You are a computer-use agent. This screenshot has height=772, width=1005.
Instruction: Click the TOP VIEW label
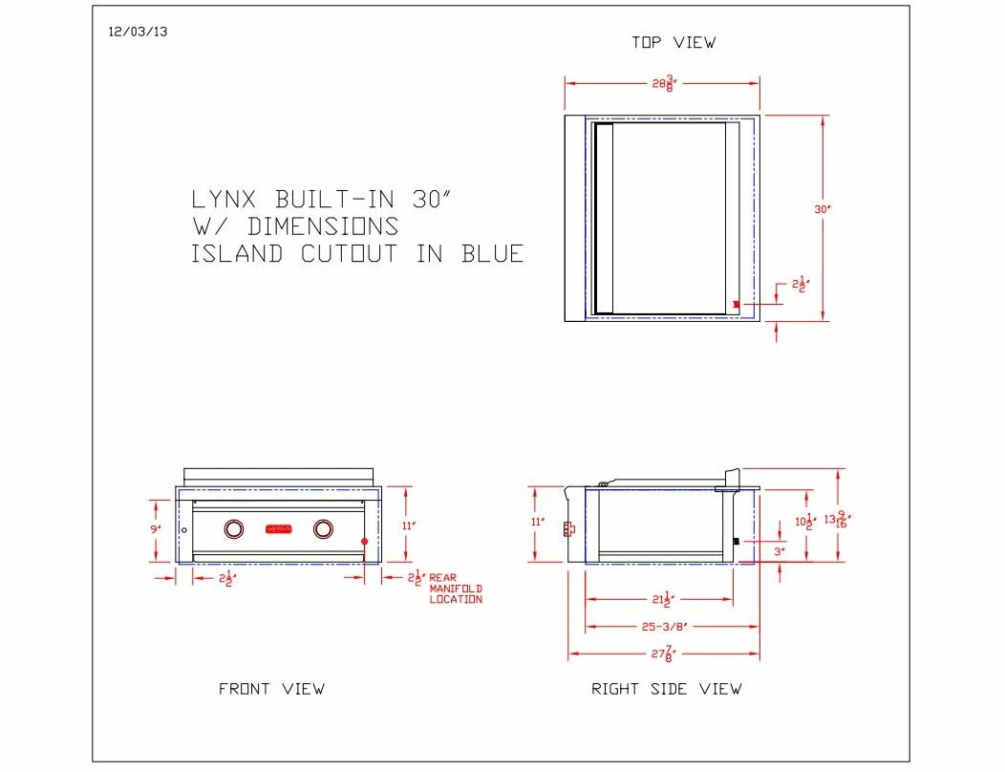point(673,42)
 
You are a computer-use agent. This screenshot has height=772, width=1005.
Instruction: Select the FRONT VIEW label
point(271,689)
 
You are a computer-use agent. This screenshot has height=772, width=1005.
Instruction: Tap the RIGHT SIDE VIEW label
point(666,689)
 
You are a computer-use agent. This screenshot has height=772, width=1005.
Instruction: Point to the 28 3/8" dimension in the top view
point(663,83)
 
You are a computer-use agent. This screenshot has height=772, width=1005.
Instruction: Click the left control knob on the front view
point(234,528)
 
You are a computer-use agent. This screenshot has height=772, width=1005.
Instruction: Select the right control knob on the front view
point(324,528)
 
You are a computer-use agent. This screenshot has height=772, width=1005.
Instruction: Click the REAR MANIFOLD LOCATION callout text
point(456,589)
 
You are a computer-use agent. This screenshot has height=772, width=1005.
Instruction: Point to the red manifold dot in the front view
point(364,542)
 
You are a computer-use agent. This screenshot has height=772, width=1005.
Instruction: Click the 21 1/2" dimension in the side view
point(660,600)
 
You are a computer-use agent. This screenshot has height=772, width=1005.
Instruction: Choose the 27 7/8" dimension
point(662,655)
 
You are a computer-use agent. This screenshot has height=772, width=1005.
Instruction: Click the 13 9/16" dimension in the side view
point(838,521)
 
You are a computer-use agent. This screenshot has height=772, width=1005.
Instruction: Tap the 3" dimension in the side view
point(779,552)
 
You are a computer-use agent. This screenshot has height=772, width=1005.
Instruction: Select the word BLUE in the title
point(493,254)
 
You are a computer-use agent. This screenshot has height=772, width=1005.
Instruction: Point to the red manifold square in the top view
point(736,305)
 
